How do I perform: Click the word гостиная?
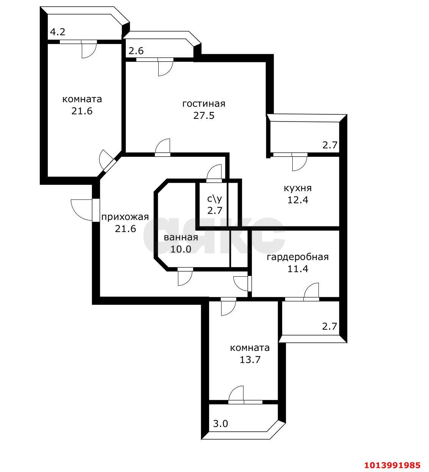204,104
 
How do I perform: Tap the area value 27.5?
204,116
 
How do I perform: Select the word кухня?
298,188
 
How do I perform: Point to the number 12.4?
298,200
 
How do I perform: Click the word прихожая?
125,217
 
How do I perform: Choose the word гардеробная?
298,257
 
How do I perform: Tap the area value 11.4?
298,269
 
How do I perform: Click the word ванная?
181,237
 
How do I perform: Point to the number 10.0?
181,249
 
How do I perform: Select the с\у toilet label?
214,199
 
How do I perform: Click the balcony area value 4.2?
58,32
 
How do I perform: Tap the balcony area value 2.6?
136,51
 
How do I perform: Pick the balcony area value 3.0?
220,424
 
